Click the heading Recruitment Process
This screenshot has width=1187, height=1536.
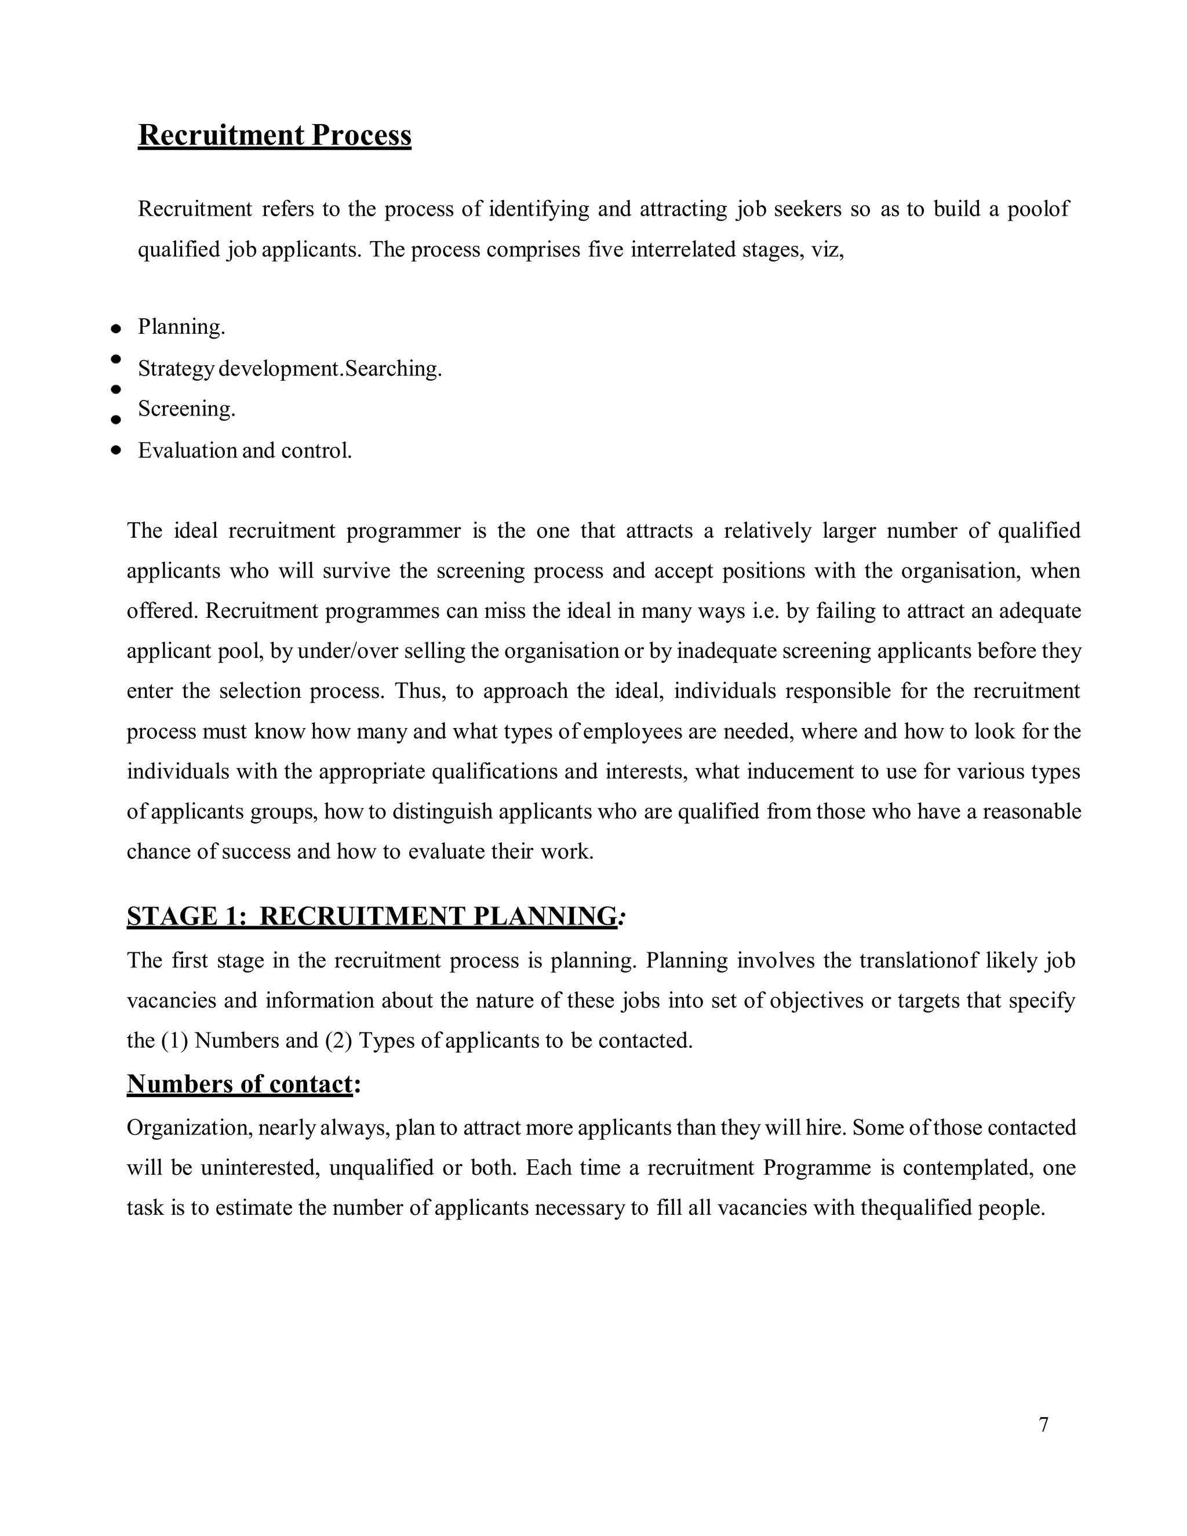[x=274, y=135]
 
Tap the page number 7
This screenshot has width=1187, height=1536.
[x=1043, y=1425]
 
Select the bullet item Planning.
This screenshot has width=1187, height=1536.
[x=181, y=327]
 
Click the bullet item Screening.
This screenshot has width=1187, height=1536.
[x=187, y=409]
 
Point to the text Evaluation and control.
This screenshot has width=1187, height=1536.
[x=245, y=451]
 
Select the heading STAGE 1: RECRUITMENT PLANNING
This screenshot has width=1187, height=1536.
[x=372, y=916]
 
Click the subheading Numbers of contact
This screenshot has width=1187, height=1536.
[x=240, y=1084]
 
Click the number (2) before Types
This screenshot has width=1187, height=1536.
[x=338, y=1041]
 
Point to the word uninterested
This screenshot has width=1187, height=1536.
[x=261, y=1168]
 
